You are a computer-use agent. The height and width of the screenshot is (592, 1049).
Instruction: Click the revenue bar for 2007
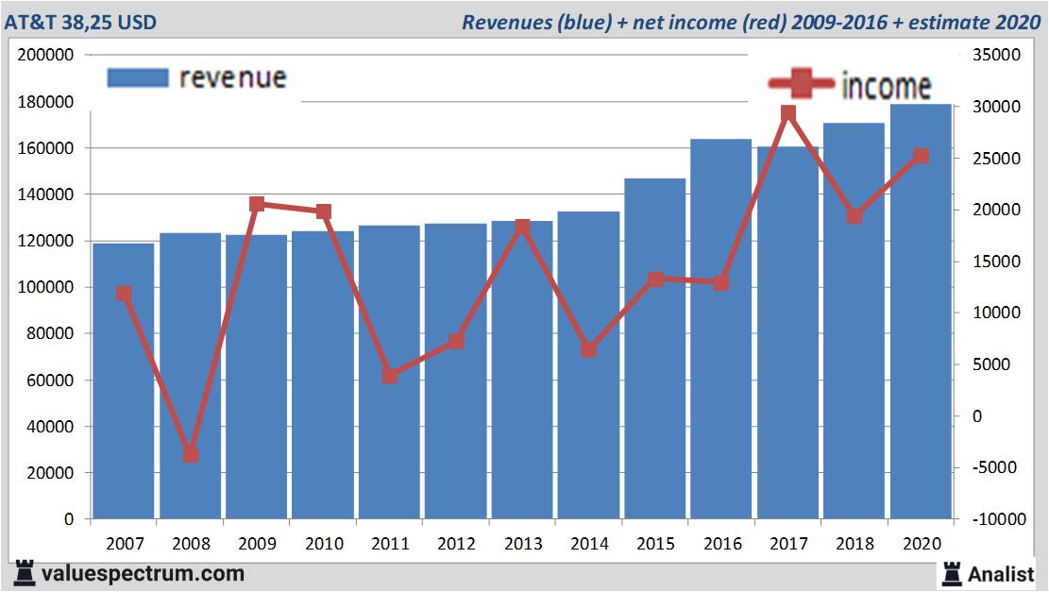click(x=124, y=381)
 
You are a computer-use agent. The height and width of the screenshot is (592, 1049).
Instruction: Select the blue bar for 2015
click(x=654, y=348)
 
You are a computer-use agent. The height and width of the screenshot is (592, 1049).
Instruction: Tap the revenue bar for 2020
click(x=921, y=312)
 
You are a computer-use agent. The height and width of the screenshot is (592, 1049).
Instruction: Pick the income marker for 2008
click(x=191, y=454)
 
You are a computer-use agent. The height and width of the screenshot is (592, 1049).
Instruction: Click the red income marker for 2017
click(x=788, y=114)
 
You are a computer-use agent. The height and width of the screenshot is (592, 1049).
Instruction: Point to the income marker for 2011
click(x=390, y=376)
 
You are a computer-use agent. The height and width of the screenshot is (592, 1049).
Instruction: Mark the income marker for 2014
click(x=588, y=349)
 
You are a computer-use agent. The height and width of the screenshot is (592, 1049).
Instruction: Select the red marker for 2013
click(x=522, y=227)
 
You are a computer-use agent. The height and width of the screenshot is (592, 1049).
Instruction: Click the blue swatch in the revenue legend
click(x=138, y=77)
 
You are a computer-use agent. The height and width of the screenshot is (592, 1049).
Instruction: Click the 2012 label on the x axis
click(x=456, y=544)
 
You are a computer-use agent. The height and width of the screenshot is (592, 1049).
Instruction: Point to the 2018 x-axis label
click(x=854, y=544)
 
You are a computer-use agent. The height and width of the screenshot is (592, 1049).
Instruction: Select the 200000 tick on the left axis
click(x=46, y=56)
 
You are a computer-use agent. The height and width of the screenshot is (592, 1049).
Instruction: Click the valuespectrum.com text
click(x=143, y=573)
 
